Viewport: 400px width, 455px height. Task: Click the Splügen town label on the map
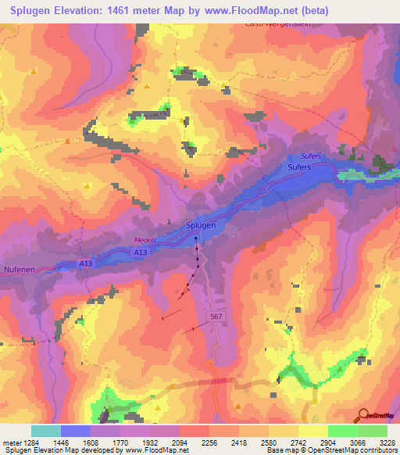click(201, 225)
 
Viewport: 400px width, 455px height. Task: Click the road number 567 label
click(218, 315)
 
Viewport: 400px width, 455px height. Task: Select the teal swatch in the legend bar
click(46, 431)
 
